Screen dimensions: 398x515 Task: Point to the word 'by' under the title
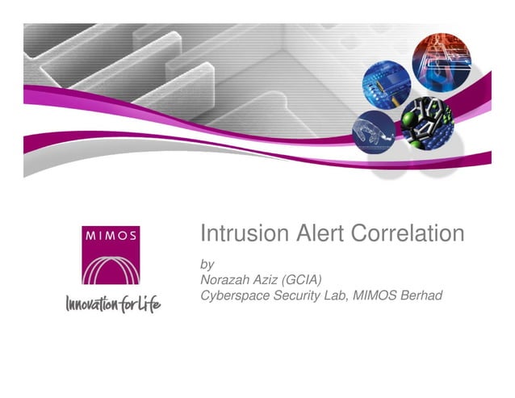206,264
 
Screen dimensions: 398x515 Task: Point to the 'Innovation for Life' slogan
112,304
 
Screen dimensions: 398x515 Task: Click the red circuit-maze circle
441,61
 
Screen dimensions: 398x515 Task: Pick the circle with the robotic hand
374,132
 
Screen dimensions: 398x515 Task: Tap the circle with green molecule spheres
427,119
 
